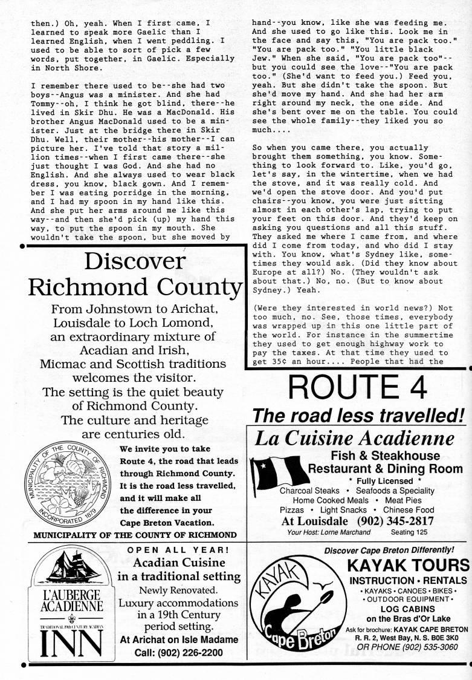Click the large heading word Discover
(x=135, y=261)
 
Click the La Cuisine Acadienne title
(x=355, y=438)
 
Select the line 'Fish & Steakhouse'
(x=385, y=455)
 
